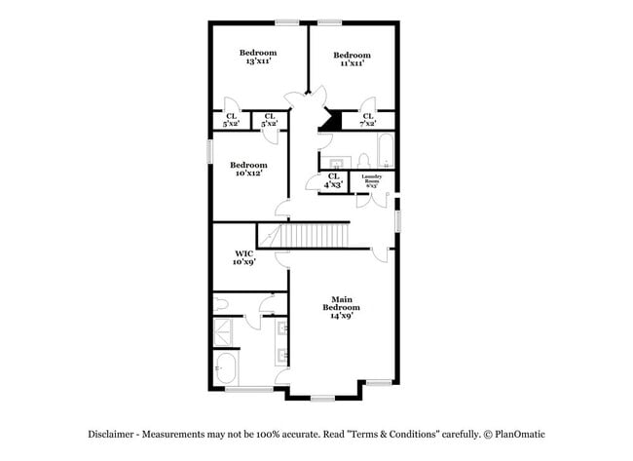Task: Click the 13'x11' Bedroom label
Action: [x=257, y=57]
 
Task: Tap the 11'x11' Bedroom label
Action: [x=352, y=59]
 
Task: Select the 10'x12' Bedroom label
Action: [x=250, y=170]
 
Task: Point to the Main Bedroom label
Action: [x=341, y=307]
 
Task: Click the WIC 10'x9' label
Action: [x=243, y=257]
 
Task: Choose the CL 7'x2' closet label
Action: [x=368, y=120]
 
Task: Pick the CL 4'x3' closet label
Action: [x=334, y=180]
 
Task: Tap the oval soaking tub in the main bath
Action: [x=226, y=368]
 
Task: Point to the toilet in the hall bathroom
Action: [x=361, y=159]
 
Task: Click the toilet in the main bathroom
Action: [x=221, y=304]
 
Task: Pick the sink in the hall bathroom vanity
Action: [x=336, y=161]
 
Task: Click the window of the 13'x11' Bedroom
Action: [x=286, y=21]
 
